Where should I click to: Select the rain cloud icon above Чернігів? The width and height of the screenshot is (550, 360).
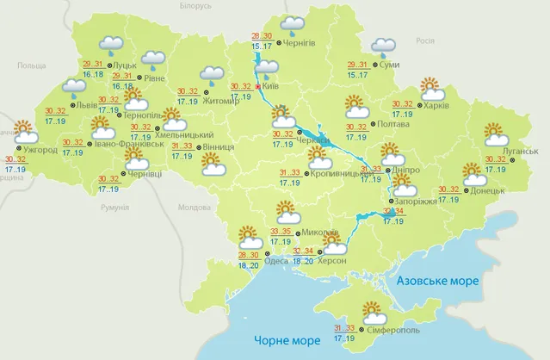(294, 24)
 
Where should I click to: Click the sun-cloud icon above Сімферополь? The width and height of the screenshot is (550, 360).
(373, 311)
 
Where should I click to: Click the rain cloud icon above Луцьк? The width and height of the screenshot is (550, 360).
(110, 44)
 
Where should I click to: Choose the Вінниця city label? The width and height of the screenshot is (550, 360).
(219, 147)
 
